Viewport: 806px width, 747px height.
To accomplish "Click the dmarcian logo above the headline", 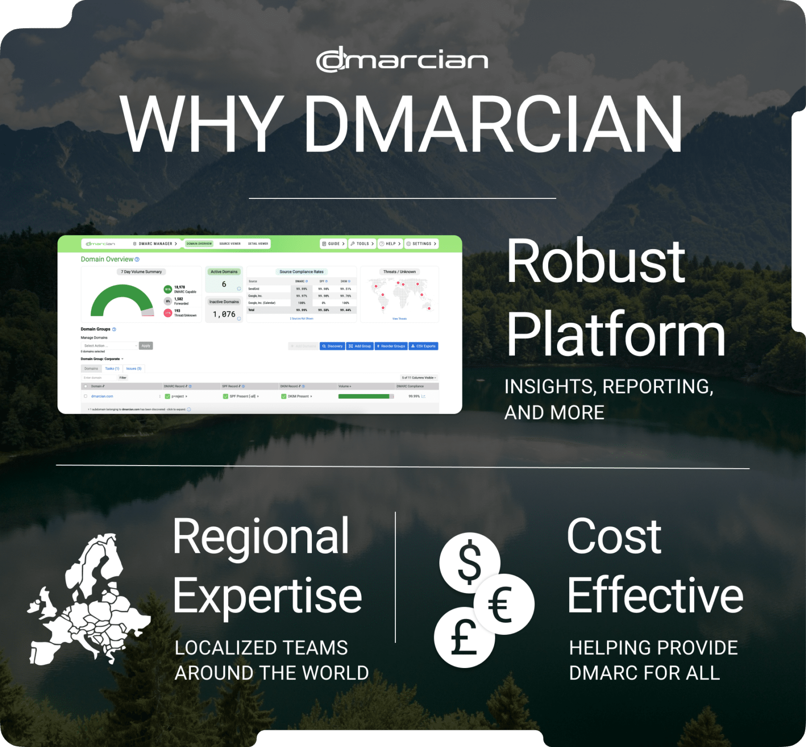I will click(x=401, y=60).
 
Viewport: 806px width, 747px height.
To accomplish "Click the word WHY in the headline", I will click(x=201, y=124).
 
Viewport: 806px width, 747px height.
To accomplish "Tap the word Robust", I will click(x=595, y=262).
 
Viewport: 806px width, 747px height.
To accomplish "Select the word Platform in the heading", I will click(x=615, y=335).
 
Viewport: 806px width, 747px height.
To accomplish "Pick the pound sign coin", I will click(x=463, y=638).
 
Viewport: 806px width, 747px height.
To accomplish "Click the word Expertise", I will click(x=267, y=597).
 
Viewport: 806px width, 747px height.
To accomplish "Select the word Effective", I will click(x=655, y=595).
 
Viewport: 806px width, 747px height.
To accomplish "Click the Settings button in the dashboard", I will click(x=422, y=244).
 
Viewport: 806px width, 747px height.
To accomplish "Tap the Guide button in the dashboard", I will click(x=333, y=244).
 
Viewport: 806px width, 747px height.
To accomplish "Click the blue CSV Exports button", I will click(x=423, y=346).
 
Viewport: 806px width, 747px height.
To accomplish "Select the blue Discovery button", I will click(x=332, y=346).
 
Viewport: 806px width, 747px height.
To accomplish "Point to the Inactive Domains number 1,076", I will click(x=224, y=314).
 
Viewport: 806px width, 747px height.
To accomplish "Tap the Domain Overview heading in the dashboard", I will click(x=107, y=259).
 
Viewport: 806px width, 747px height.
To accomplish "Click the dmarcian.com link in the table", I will click(x=102, y=397).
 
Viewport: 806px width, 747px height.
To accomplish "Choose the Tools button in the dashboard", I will click(x=363, y=244).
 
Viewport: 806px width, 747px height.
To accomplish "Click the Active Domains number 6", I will click(x=224, y=284).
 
